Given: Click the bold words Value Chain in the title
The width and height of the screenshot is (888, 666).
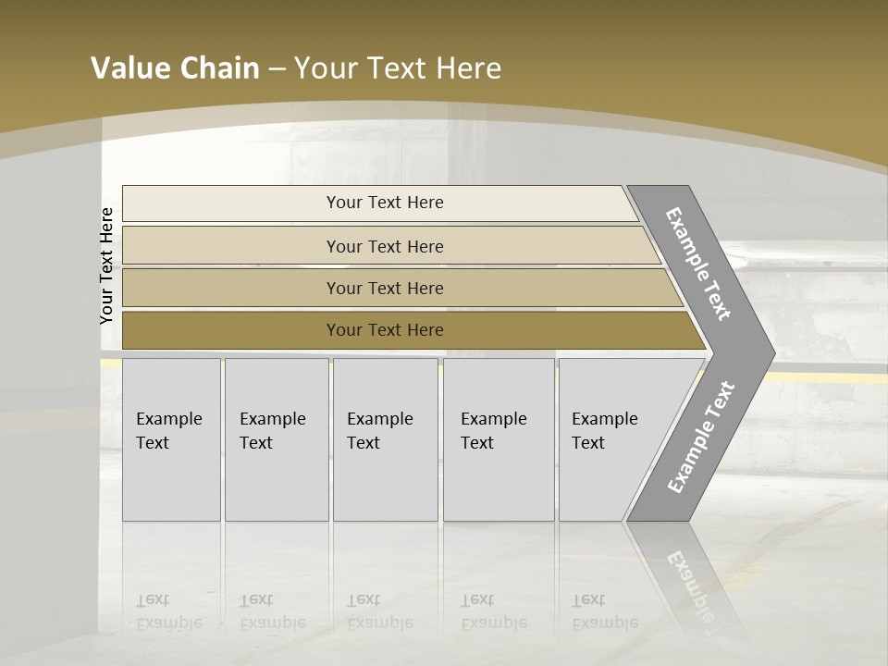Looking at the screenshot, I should [x=175, y=68].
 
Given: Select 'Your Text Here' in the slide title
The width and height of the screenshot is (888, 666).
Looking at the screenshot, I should [x=398, y=68].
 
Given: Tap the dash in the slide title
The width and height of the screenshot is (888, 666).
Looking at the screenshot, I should [x=277, y=69].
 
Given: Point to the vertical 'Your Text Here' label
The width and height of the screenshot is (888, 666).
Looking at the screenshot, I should [x=107, y=265].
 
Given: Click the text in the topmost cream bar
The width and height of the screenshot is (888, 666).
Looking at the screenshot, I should [x=385, y=203].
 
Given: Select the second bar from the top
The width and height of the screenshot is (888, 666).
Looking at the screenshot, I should [x=385, y=246].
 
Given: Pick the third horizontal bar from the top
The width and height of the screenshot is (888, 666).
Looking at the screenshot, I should [x=385, y=288].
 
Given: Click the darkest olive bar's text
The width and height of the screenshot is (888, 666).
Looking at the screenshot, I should [x=385, y=330].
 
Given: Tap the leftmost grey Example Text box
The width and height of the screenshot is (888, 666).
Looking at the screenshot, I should [x=171, y=439].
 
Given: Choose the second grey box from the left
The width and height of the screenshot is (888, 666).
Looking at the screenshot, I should [x=276, y=439].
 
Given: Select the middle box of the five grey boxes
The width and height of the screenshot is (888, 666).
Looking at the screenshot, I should [x=385, y=439].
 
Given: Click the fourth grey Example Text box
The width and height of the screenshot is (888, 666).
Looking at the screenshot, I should [x=498, y=439].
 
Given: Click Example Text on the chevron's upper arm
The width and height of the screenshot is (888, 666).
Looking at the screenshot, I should [x=699, y=264].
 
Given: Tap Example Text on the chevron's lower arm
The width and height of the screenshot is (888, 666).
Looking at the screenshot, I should [x=701, y=438].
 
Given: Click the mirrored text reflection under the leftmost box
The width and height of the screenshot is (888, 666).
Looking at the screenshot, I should [x=168, y=611].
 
